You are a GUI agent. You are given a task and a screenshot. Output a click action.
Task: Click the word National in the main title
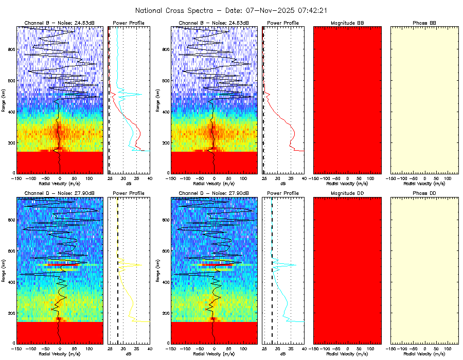(151, 10)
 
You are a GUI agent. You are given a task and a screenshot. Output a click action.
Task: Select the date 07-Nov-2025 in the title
(268, 10)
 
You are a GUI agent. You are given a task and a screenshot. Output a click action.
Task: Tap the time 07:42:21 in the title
(310, 10)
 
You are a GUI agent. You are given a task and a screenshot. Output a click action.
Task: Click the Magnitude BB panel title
(347, 23)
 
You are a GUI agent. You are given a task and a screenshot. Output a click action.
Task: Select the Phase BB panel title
(424, 23)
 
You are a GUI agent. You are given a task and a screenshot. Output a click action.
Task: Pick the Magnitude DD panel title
(347, 193)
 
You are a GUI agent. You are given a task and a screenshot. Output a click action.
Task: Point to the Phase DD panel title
(424, 193)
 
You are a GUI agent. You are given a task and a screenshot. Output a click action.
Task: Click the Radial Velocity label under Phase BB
(424, 183)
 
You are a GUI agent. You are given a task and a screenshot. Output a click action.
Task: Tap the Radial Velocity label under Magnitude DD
(347, 354)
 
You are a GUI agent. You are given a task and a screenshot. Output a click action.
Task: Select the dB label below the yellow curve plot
(129, 354)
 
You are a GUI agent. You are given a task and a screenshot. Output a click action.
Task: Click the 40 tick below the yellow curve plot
(150, 349)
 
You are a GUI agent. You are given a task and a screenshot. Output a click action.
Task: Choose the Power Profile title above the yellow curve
(129, 193)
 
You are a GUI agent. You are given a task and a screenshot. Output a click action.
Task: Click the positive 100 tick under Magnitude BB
(370, 178)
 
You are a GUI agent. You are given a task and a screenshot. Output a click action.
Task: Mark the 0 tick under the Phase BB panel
(424, 178)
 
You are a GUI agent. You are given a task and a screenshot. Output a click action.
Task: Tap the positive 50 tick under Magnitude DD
(359, 349)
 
